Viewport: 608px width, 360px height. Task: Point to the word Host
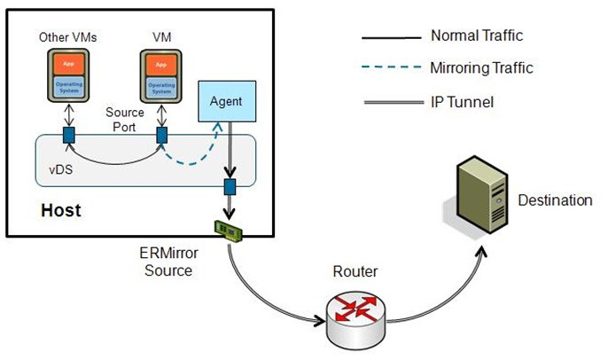pos(60,211)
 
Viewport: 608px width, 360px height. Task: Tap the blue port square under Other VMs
pos(68,136)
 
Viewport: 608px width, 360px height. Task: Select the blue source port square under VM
pos(162,136)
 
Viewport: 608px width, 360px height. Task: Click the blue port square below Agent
pos(230,188)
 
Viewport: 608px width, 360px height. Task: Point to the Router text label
pos(354,271)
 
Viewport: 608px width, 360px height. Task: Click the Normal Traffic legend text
pos(476,36)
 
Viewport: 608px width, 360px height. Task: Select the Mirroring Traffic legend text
pos(482,67)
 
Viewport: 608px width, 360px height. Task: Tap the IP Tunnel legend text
pos(462,103)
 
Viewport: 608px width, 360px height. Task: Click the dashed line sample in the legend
pos(390,68)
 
